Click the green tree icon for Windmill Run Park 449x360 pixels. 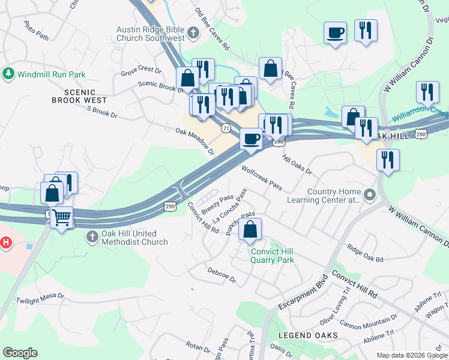[8, 74]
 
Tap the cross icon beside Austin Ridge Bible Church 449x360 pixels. [193, 33]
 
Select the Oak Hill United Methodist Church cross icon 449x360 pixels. [92, 237]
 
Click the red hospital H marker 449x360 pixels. [5, 243]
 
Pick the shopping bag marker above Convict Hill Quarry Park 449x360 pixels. [250, 229]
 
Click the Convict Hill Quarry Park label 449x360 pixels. [272, 256]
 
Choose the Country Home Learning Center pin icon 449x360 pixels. [369, 195]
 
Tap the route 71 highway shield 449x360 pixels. [225, 128]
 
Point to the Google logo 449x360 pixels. [20, 352]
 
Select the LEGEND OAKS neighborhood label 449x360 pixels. [307, 335]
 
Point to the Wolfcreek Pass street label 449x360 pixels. [262, 178]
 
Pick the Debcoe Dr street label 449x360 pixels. [221, 275]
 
